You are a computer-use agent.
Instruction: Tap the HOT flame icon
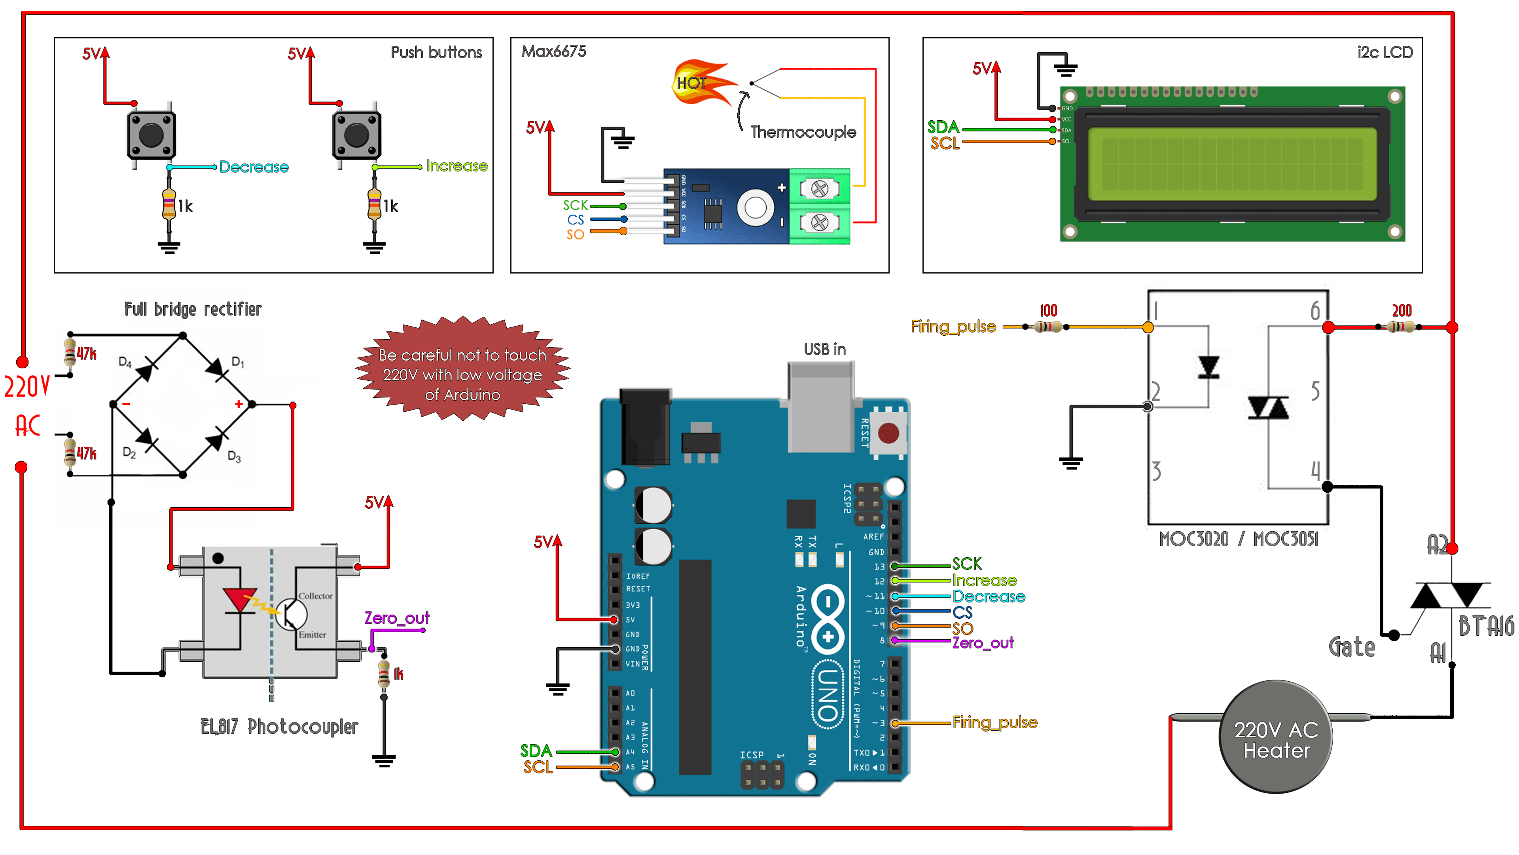tap(702, 83)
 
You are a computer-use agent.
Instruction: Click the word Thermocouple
tap(803, 132)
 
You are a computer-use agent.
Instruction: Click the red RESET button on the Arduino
tap(888, 433)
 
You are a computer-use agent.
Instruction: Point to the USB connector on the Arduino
tap(821, 407)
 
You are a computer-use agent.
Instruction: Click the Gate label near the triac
tap(1352, 647)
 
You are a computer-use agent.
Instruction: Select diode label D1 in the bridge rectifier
tap(238, 362)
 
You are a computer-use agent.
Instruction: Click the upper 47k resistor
tap(70, 352)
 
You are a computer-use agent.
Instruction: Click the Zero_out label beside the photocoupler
tap(397, 618)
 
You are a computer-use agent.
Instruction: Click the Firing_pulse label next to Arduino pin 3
tap(995, 722)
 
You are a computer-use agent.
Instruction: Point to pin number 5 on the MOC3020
tap(1315, 391)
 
